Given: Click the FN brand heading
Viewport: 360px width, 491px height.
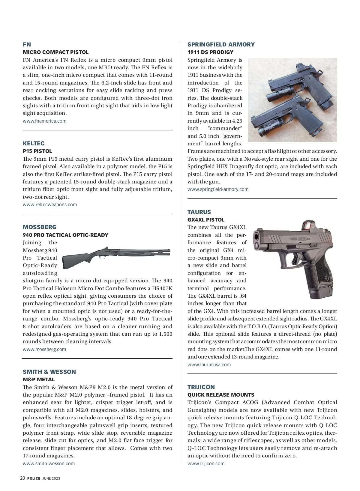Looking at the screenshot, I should (27, 44).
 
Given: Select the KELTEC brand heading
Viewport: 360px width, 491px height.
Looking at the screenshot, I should (33, 143).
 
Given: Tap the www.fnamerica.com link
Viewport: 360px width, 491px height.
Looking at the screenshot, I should (44, 121).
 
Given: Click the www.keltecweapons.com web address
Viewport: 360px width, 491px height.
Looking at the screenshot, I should (49, 204).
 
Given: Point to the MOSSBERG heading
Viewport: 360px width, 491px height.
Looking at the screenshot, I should (39, 227).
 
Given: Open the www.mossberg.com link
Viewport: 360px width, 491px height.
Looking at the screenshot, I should (44, 349).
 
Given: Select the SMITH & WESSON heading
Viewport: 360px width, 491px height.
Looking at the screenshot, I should (49, 372).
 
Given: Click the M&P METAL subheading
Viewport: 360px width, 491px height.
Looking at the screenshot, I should (39, 379).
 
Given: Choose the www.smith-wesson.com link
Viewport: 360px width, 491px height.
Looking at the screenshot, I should (49, 463).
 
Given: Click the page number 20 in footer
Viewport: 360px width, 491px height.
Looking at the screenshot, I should (22, 478).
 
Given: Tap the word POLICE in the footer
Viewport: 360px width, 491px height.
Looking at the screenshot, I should (34, 478).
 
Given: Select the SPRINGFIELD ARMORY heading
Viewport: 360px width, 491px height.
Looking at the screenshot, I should (221, 44).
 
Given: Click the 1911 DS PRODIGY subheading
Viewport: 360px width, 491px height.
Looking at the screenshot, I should (210, 52).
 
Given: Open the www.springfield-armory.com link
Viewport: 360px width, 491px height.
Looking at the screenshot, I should (218, 189).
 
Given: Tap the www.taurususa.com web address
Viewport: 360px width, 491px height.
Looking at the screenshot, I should (209, 365).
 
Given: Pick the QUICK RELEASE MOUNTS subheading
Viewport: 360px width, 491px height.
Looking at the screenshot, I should (221, 395).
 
